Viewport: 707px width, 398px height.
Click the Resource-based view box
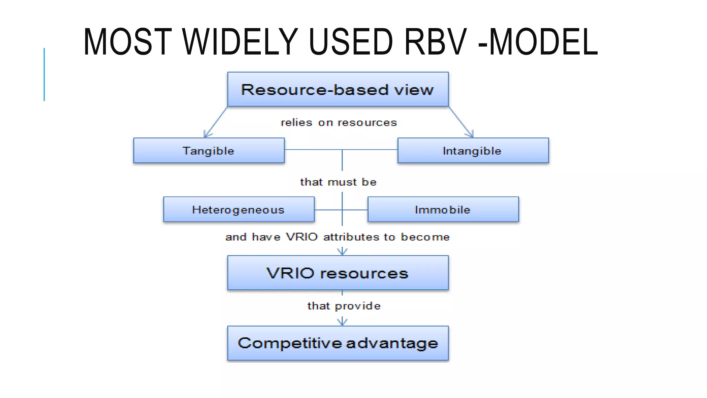coord(338,89)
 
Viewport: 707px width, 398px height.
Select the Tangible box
coord(209,151)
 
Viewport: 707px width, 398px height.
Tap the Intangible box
coord(473,151)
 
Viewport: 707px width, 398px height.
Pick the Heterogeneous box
coord(239,209)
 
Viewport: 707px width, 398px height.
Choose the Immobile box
coord(443,209)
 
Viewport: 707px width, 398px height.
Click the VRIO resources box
coord(338,273)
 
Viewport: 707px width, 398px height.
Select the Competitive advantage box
coord(338,343)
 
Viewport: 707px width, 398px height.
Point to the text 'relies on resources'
coord(339,123)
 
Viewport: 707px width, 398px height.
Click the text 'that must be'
coord(338,182)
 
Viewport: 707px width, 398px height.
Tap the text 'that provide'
coord(344,306)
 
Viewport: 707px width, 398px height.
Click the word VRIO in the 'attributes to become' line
coord(302,237)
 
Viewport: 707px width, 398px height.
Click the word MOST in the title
coord(127,42)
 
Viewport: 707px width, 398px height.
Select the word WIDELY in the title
coord(240,42)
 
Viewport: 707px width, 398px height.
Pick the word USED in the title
coord(351,42)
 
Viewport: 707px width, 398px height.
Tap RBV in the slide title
coord(436,42)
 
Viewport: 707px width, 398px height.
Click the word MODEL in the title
coord(544,42)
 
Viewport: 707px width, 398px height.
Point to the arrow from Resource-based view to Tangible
coord(216,122)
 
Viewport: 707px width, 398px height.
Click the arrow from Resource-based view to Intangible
coord(461,122)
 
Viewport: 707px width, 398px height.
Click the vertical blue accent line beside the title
coord(44,74)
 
